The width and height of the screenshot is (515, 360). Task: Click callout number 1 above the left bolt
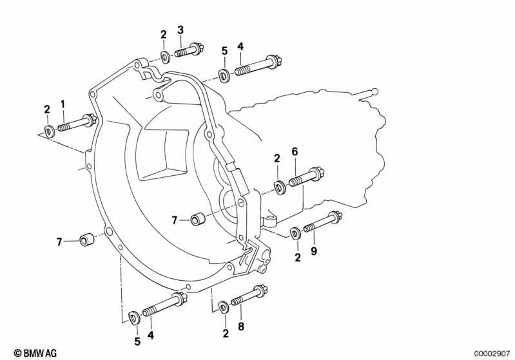(63, 105)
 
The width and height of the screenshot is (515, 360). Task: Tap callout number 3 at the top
(180, 30)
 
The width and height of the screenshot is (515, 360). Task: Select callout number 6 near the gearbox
(295, 151)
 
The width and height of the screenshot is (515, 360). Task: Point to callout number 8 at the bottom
(241, 327)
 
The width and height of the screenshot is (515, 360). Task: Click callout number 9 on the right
(314, 251)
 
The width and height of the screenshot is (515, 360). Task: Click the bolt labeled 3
(189, 50)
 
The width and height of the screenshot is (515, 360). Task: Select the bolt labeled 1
(77, 123)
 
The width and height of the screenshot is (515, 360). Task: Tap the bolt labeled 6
(307, 176)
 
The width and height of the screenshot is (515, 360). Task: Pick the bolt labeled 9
(322, 222)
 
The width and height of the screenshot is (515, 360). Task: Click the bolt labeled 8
(249, 296)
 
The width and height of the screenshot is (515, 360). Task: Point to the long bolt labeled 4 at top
(258, 66)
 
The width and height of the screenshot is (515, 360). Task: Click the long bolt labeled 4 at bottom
(165, 304)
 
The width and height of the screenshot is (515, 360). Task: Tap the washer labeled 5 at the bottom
(134, 317)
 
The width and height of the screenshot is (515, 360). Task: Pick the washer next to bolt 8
(225, 307)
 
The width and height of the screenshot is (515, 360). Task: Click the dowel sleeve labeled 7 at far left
(87, 240)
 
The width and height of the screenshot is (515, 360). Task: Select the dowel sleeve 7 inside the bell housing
(198, 219)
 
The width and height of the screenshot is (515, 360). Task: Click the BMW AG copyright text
(35, 353)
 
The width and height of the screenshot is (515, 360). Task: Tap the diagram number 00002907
(492, 354)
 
